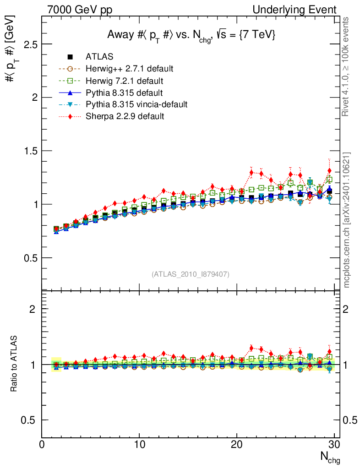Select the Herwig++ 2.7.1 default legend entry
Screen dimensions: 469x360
129,69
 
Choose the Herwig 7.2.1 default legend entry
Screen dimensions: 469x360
124,81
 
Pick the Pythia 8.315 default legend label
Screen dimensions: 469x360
125,93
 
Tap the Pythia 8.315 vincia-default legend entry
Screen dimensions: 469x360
136,104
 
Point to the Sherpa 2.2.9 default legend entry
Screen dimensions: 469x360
125,116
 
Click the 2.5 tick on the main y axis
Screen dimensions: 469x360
29,44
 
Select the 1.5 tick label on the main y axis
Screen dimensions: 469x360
29,151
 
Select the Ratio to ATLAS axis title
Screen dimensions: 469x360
14,364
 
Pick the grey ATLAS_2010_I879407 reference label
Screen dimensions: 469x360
191,274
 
